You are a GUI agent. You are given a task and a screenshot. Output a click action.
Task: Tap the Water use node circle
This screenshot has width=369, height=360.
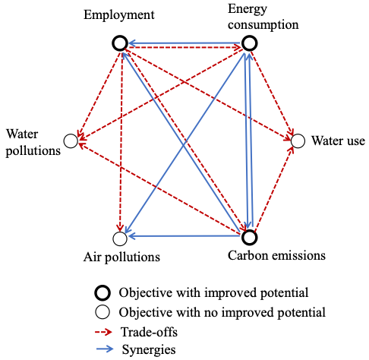(298, 134)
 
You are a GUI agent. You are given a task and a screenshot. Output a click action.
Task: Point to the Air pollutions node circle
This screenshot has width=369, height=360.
(120, 232)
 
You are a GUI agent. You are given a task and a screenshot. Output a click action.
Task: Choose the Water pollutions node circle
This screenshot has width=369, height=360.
(71, 134)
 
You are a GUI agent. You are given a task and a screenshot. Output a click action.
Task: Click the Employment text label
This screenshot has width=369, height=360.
(119, 15)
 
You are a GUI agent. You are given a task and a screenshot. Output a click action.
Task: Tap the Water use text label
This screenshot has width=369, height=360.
(338, 141)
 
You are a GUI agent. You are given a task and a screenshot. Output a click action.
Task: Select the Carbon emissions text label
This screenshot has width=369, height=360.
(276, 255)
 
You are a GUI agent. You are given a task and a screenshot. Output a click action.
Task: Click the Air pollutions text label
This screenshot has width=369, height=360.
(121, 257)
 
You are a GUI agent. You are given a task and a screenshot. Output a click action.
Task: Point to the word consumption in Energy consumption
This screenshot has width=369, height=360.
(263, 25)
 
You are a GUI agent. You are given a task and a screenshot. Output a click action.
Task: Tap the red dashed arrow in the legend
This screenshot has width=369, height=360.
(104, 332)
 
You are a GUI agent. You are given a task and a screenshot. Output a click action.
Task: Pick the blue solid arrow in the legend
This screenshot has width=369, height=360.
(105, 349)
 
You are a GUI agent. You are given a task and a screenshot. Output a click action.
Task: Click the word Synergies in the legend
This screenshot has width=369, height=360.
(149, 350)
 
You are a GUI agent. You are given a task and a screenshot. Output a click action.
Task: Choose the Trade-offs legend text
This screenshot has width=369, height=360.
(149, 332)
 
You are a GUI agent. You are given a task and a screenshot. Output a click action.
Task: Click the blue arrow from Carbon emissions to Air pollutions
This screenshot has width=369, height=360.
(184, 236)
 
